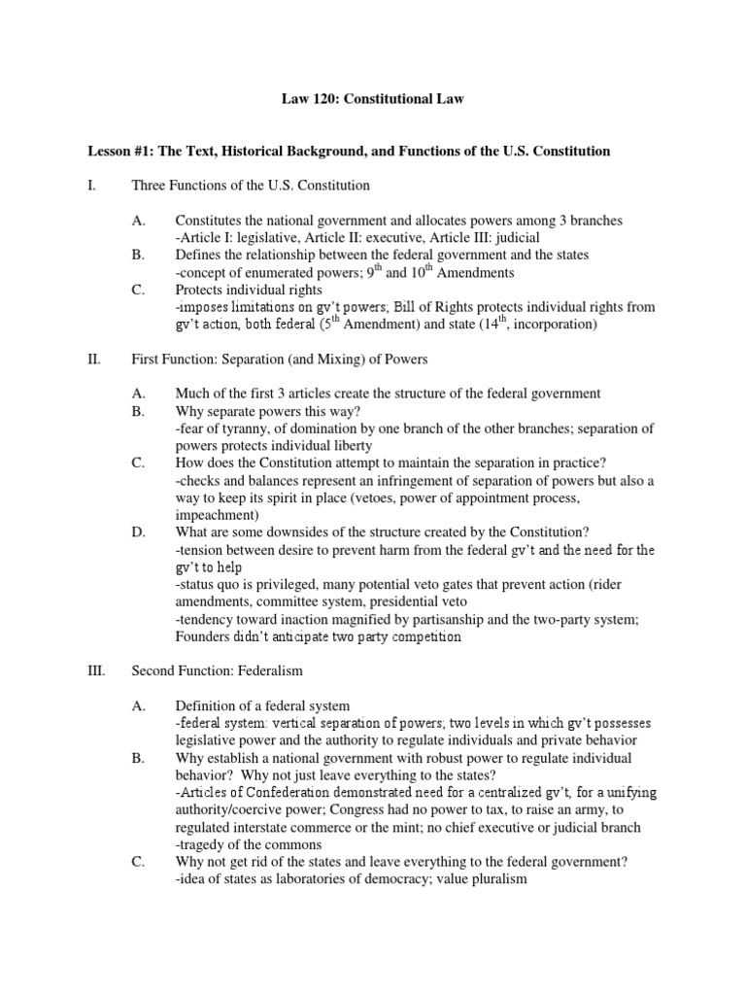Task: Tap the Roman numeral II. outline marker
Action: (95, 360)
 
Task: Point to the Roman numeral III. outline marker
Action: (97, 670)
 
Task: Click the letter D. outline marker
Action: (138, 532)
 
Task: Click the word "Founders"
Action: (201, 637)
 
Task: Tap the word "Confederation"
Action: (291, 792)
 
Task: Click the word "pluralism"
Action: (495, 878)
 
